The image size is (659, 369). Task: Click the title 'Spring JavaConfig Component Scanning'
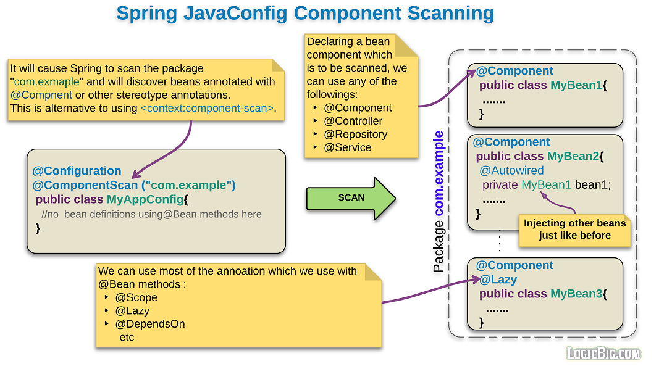coord(305,14)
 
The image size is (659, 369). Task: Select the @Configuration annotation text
coord(77,171)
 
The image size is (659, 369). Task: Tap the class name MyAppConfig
coord(145,199)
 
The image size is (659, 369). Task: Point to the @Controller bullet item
coord(353,121)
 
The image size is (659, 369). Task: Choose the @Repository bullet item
coord(355,134)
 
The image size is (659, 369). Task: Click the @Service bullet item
coord(347,147)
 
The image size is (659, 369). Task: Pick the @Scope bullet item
coord(136,297)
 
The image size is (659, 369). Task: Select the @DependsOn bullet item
coord(149,324)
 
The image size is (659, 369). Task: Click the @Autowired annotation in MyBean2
coord(511,170)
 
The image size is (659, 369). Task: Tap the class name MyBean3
coord(576,294)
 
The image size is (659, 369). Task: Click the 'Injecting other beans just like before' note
coord(574,230)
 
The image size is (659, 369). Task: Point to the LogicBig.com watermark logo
coord(603,353)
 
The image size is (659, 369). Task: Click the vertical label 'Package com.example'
coord(439,202)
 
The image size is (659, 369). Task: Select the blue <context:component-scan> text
coord(207,108)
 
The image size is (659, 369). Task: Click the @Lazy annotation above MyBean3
coord(498,280)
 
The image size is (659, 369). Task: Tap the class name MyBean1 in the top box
coord(576,85)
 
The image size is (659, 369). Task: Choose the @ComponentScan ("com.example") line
coord(134,185)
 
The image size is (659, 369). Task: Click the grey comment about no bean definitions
coord(151,214)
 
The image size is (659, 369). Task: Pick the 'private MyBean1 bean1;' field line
coord(546,184)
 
